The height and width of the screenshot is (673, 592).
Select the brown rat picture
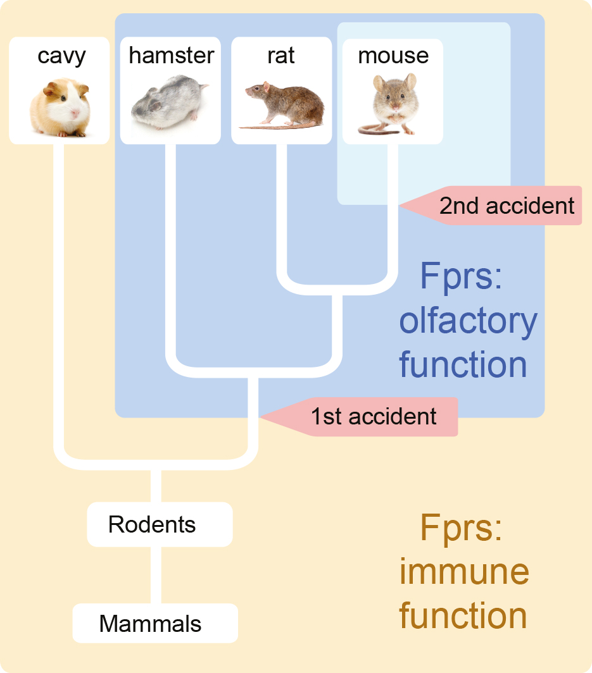pyautogui.click(x=284, y=104)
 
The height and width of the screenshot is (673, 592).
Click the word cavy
pyautogui.click(x=61, y=56)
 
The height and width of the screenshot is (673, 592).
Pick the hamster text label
pyautogui.click(x=171, y=56)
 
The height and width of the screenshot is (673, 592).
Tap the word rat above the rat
pyautogui.click(x=281, y=56)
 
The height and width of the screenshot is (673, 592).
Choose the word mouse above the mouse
pyautogui.click(x=393, y=56)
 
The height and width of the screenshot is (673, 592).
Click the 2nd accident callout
pyautogui.click(x=500, y=206)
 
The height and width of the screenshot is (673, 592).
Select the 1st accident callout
pyautogui.click(x=367, y=416)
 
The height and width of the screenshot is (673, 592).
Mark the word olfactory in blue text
pyautogui.click(x=468, y=321)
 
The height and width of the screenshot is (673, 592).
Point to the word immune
pyautogui.click(x=464, y=572)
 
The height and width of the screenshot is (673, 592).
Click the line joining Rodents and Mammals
pyautogui.click(x=152, y=575)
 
